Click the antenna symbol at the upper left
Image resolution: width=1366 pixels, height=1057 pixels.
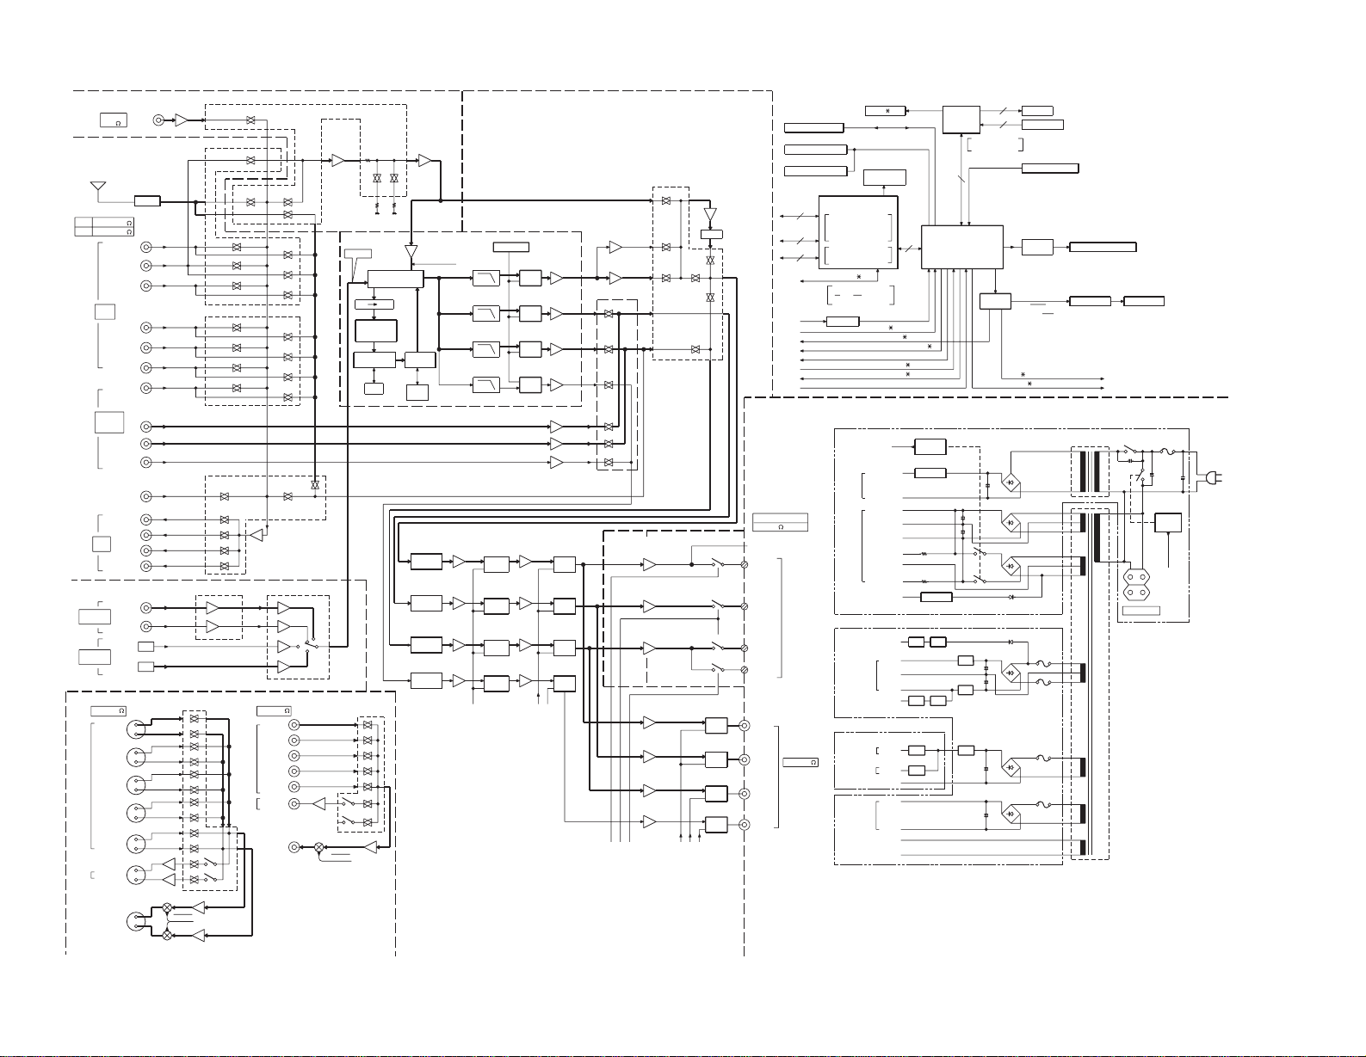98,187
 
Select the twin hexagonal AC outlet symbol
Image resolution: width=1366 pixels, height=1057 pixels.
1136,584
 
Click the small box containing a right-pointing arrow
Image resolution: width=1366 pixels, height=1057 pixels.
374,304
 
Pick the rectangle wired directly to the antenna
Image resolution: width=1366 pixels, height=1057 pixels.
147,201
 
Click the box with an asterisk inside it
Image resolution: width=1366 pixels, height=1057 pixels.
885,111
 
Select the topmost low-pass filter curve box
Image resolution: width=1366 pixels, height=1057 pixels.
486,278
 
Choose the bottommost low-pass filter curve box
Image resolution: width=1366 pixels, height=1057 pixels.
486,384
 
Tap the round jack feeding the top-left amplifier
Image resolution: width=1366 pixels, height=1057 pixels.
159,120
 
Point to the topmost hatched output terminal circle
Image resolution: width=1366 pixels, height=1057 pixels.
745,564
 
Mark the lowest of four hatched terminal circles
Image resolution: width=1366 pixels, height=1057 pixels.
745,670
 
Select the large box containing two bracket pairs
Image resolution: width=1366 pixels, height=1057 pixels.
858,232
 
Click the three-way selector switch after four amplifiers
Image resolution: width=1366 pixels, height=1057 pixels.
310,644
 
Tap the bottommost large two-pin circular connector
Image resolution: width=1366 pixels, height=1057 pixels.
136,921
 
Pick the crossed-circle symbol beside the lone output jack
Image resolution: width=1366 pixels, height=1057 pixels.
318,848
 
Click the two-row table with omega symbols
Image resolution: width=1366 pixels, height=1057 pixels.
104,227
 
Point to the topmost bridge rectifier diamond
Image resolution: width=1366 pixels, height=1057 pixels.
1011,482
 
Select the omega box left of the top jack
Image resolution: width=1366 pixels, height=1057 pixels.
114,120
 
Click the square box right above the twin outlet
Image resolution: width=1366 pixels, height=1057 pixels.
1168,523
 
